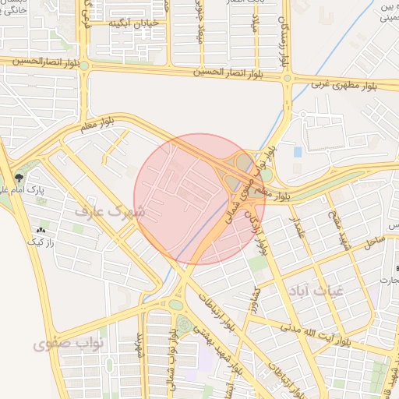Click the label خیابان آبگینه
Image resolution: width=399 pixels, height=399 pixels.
click(136, 24)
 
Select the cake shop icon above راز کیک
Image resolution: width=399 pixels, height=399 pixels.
click(40, 231)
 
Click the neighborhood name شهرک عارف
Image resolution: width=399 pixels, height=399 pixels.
click(110, 211)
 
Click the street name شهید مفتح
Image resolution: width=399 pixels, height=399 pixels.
click(344, 231)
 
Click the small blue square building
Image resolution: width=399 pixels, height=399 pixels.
click(298, 151)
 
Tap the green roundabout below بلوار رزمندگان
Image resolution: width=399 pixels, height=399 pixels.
click(288, 78)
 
